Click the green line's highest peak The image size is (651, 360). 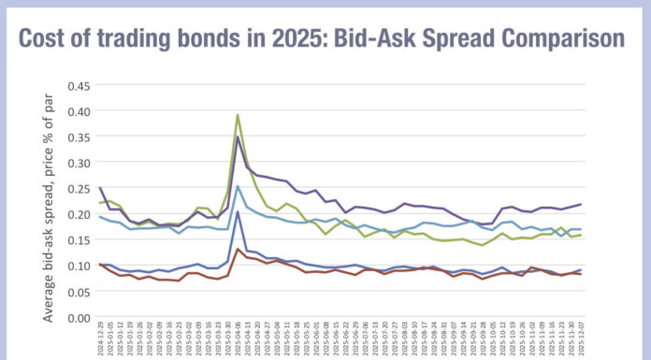tap(238, 115)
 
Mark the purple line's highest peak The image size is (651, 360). tap(238, 137)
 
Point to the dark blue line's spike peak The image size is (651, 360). tap(238, 212)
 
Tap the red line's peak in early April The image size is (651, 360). tap(238, 249)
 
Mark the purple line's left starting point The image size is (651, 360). tap(100, 188)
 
